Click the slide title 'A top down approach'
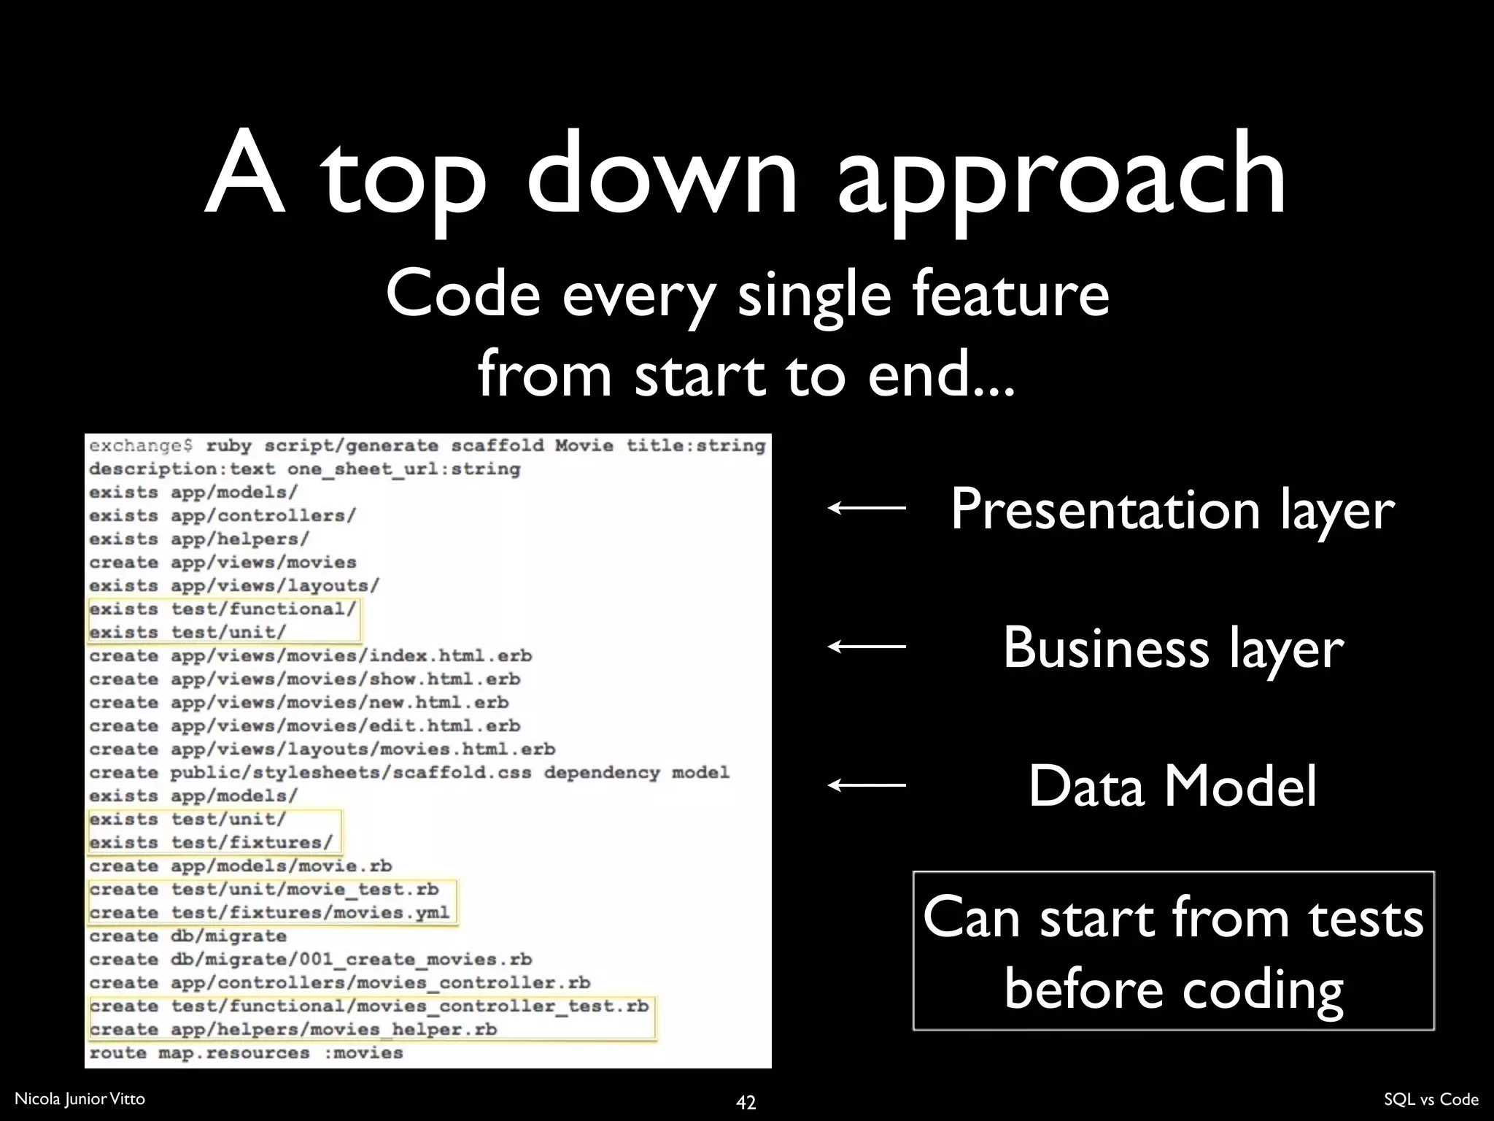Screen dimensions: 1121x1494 (x=746, y=175)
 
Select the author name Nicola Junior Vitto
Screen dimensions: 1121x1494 (x=80, y=1098)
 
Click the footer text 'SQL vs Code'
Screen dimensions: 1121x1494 (x=1431, y=1099)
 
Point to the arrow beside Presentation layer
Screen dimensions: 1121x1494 (x=867, y=508)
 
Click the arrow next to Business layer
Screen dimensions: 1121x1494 (x=867, y=646)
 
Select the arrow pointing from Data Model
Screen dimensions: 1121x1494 (x=867, y=785)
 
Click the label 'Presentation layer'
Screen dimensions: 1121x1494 (x=1172, y=509)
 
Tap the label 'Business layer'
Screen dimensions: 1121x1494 (x=1172, y=647)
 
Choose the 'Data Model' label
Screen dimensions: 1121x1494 (x=1172, y=786)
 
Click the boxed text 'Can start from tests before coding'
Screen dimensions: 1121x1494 (x=1173, y=951)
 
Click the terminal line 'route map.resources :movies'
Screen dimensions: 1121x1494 (x=246, y=1053)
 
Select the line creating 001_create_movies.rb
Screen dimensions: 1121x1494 (x=310, y=960)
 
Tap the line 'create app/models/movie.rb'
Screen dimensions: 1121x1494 (x=241, y=866)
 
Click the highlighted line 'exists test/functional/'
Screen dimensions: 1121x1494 (x=222, y=609)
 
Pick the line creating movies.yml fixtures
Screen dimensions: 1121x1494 (x=269, y=913)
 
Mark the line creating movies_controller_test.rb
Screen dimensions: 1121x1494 (x=368, y=1006)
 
